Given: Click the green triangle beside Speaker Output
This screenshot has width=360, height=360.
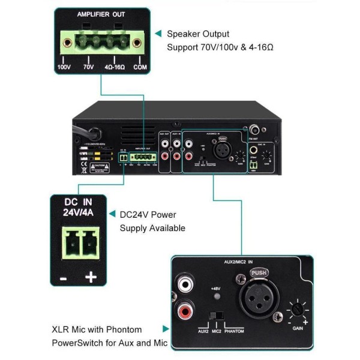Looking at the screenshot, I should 158,34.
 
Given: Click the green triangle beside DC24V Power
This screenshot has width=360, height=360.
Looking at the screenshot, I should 112,214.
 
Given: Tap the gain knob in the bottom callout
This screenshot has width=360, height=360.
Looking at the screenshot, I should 296,311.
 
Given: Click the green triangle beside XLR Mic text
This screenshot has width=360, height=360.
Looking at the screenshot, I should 166,329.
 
